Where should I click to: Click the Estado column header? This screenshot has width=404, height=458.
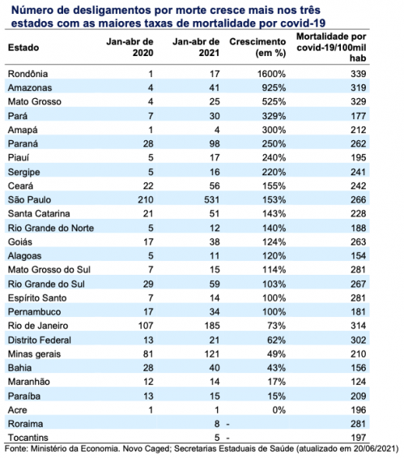coord(23,48)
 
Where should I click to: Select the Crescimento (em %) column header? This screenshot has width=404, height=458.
coord(257,47)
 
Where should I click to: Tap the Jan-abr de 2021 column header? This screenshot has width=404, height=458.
coord(196,47)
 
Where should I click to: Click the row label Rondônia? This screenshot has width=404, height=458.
coord(28,74)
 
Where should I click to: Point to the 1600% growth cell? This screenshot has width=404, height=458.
coord(271,74)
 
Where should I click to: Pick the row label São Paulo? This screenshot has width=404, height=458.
coord(29,199)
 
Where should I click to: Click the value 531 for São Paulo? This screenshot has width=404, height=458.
coord(212,199)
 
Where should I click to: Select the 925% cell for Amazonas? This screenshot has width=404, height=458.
coord(274,88)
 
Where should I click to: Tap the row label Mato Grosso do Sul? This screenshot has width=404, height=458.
coord(49,270)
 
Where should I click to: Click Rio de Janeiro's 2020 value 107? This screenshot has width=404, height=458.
coord(146,326)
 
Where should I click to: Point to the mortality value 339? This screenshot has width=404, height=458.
coord(358,74)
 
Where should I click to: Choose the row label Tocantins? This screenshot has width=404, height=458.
coord(28,438)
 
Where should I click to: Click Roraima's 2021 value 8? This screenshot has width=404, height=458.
coord(217,424)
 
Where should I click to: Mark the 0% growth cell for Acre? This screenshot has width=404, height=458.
coord(279,410)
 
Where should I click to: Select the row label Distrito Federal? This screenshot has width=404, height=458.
coord(40,340)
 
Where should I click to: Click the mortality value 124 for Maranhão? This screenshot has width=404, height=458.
coord(358,382)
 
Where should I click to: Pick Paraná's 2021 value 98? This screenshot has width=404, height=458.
coord(215,143)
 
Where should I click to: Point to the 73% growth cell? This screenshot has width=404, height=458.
coord(277,326)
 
